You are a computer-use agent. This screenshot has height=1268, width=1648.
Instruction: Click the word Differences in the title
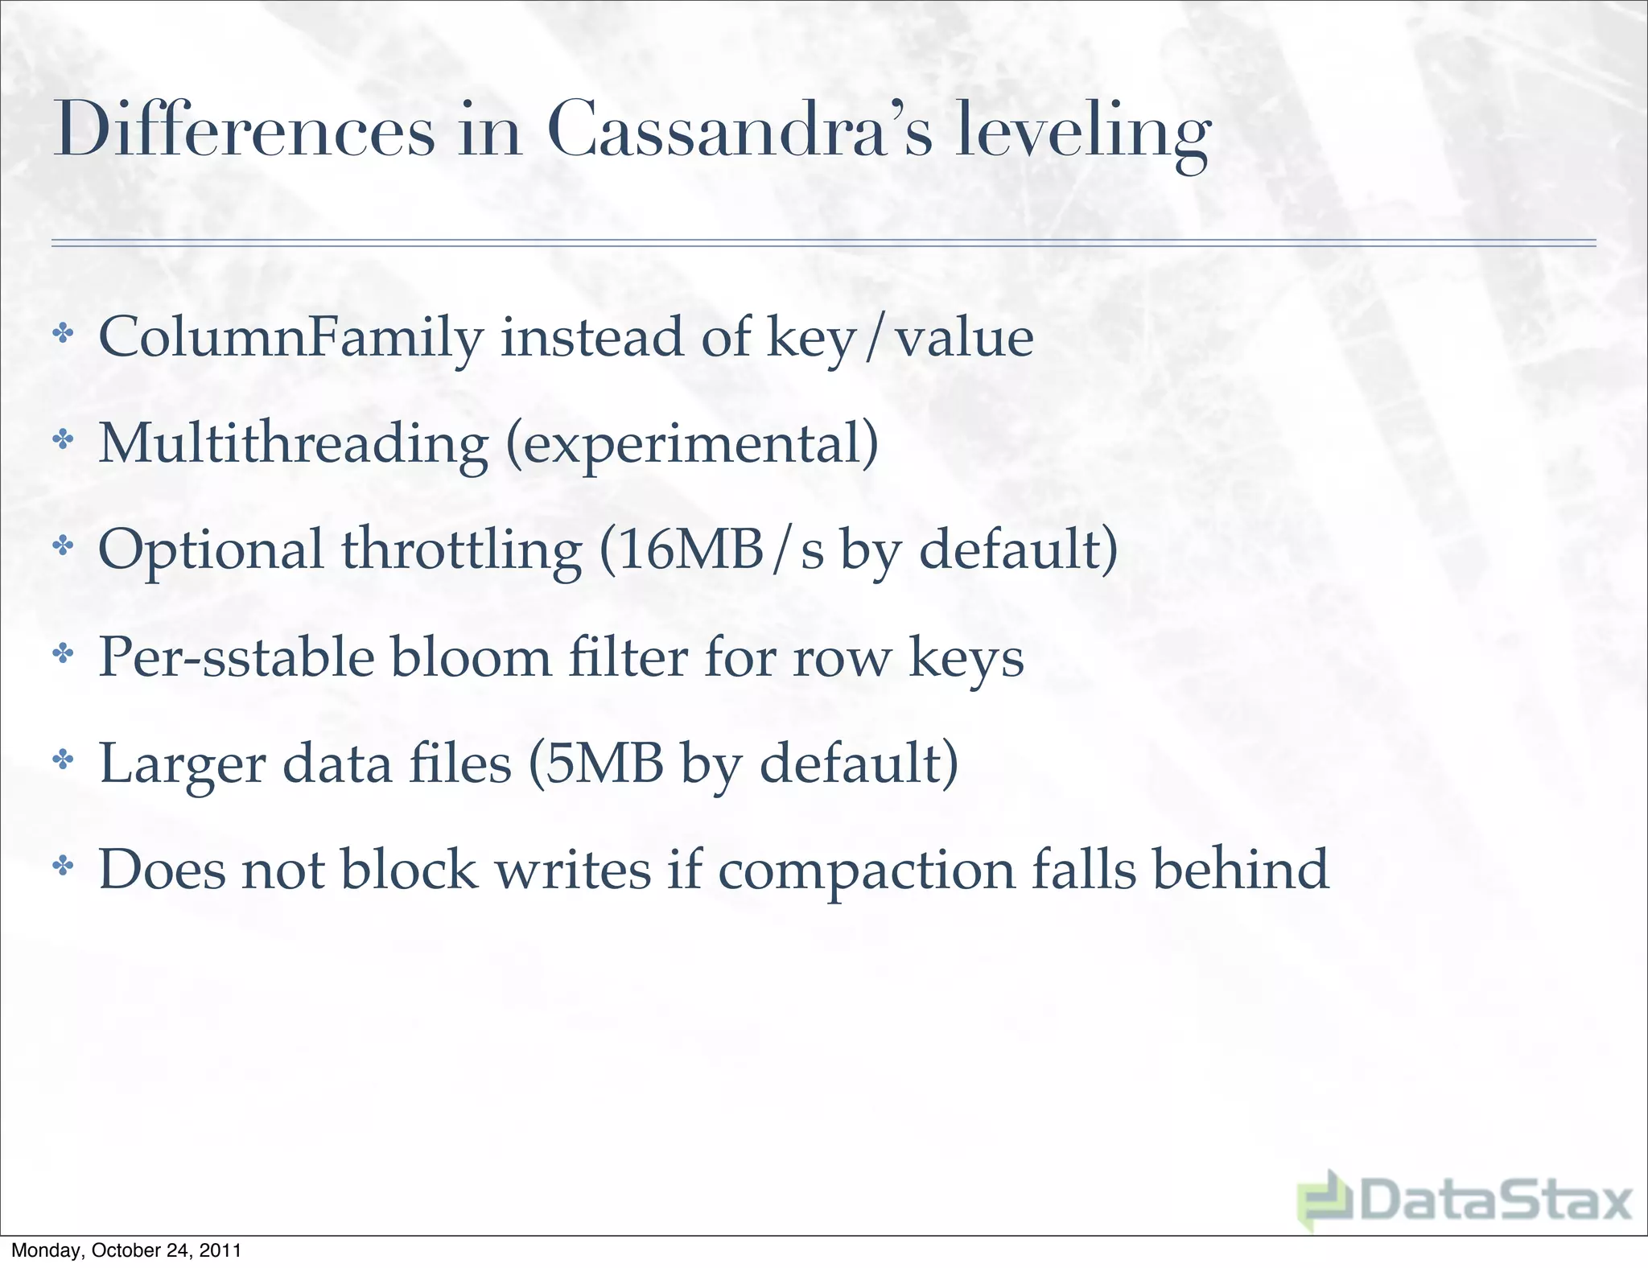tap(244, 131)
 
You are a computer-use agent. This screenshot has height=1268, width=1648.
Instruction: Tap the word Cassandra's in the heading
tap(739, 131)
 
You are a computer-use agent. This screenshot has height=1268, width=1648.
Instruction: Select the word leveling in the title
tap(1081, 133)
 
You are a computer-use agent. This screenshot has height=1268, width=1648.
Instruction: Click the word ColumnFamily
tap(290, 338)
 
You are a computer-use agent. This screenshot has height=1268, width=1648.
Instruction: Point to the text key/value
tap(900, 338)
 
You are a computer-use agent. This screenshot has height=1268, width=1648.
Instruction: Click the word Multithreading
tap(293, 444)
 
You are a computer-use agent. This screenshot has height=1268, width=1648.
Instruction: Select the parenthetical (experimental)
tap(692, 444)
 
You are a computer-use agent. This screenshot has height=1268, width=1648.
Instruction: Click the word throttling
tap(461, 550)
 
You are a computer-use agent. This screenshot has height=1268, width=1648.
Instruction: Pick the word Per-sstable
tap(236, 657)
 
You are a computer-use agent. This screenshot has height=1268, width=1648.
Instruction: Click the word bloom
tap(471, 657)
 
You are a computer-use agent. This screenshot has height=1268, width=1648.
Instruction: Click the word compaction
tap(866, 871)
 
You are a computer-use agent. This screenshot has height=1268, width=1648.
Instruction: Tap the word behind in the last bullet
tap(1240, 869)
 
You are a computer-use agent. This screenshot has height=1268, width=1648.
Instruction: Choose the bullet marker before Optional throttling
tap(63, 547)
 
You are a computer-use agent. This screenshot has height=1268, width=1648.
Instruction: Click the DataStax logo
tap(1465, 1201)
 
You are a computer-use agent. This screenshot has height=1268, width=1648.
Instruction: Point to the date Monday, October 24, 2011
tap(126, 1250)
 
